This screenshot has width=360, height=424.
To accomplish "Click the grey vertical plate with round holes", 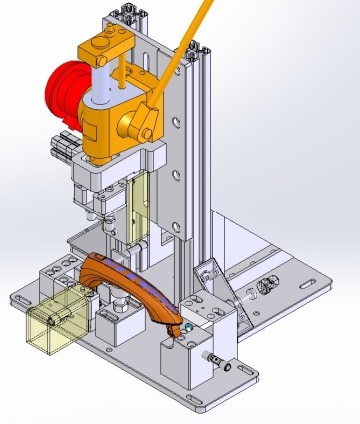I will (x=176, y=180).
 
